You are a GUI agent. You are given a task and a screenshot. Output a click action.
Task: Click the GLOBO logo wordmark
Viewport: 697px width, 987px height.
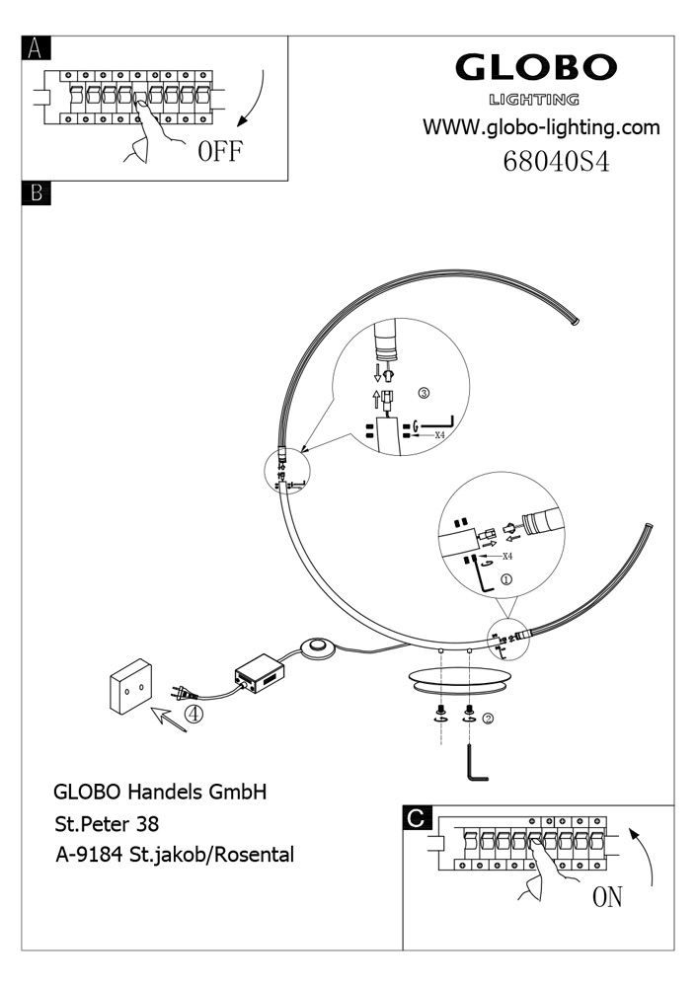pos(535,68)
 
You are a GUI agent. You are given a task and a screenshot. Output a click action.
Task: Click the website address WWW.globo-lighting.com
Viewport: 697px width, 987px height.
pos(541,127)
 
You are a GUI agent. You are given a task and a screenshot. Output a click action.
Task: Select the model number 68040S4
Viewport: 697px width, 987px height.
pos(556,161)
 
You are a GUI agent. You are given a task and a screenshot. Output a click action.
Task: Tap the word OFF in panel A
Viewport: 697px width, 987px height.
pos(219,153)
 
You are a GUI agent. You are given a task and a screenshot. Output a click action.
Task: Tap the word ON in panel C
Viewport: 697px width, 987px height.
pos(607,897)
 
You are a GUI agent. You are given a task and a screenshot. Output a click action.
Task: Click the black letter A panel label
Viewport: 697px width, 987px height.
pos(36,47)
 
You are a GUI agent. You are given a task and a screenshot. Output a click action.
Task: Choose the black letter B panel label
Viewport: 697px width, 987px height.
pos(36,193)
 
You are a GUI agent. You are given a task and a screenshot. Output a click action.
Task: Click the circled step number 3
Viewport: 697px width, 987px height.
pos(424,392)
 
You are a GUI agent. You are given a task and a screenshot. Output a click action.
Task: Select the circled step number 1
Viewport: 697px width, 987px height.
pos(506,580)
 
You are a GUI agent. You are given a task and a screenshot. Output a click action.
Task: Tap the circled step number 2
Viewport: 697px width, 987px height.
pos(487,718)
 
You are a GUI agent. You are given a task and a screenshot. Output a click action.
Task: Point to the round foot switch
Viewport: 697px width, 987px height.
pos(318,647)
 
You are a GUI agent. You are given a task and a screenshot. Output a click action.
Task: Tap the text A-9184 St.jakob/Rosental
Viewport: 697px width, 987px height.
pos(174,855)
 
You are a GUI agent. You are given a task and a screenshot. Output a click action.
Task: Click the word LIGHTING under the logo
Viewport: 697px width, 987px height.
pos(534,99)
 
